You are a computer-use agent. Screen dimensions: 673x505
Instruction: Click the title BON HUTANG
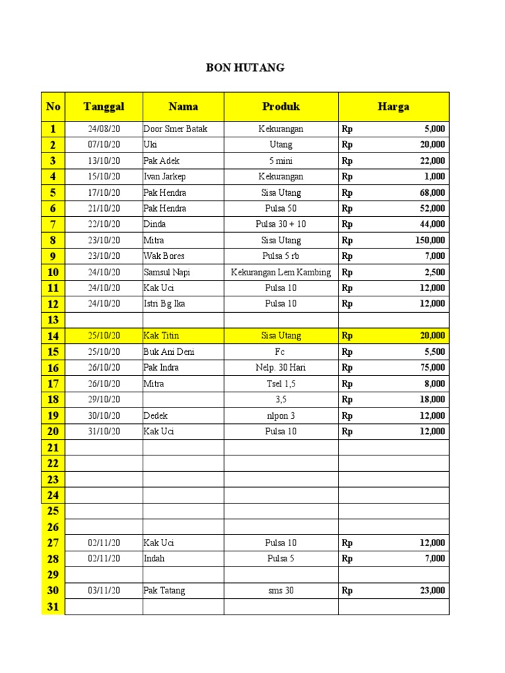point(246,68)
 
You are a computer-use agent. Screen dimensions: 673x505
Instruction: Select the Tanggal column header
point(104,106)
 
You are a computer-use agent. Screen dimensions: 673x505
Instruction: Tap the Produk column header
point(281,106)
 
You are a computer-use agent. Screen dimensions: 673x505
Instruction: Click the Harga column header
point(393,106)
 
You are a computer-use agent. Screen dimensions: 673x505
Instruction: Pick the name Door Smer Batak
point(175,129)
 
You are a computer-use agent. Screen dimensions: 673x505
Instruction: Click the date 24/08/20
point(104,129)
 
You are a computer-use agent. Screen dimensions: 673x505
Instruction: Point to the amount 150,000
point(430,241)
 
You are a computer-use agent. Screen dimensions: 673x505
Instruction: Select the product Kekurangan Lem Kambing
point(281,272)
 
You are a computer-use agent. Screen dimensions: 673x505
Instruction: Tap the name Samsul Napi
point(166,272)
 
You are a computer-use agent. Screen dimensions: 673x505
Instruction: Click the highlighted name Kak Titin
point(161,336)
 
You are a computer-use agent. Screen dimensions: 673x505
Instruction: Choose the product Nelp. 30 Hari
point(281,367)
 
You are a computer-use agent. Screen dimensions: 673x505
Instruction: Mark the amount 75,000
point(433,367)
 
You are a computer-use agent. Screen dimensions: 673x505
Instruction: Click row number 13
point(53,320)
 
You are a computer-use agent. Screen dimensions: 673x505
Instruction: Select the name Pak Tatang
point(164,590)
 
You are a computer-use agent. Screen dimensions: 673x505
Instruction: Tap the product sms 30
point(281,590)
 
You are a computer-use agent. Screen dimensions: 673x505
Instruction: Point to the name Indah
point(154,559)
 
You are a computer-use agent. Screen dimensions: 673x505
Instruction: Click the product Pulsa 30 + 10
point(281,224)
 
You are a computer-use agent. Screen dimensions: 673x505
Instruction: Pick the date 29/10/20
point(104,400)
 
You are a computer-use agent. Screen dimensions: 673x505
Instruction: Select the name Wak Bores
point(164,256)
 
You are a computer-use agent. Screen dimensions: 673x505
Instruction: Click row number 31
point(53,607)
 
